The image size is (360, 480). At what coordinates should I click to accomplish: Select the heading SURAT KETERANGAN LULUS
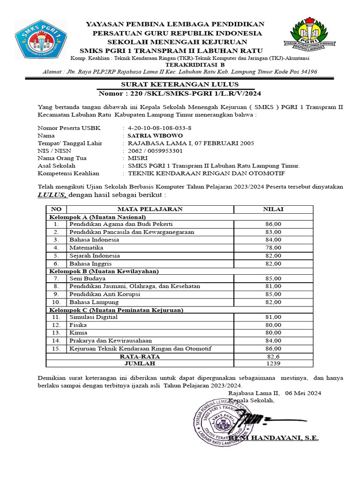(180, 84)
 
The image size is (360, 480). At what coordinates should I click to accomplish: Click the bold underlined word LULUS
(52, 195)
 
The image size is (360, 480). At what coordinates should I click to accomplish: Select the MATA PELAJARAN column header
(150, 209)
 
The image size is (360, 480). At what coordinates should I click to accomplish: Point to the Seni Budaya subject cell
(87, 278)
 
